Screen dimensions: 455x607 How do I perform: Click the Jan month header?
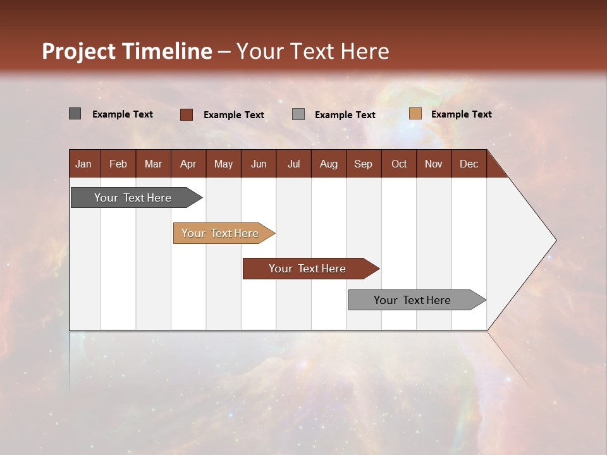pos(83,164)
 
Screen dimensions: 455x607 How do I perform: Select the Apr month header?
pos(188,164)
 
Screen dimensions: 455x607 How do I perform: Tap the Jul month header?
pos(293,164)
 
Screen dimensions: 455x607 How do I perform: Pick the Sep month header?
pos(363,164)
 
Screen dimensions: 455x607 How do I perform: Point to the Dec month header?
pos(469,164)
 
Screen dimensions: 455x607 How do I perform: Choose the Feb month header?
pos(118,164)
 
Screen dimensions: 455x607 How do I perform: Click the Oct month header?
pos(399,164)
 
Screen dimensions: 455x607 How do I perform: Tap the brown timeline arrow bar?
pos(308,269)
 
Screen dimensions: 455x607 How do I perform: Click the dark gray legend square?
pos(75,114)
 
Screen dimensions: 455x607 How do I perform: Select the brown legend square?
pos(186,114)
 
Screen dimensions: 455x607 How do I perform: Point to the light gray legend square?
pos(298,114)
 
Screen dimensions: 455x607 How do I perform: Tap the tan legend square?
pos(415,114)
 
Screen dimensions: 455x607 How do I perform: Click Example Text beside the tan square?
pos(461,114)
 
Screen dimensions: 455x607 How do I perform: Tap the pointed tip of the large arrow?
pos(554,240)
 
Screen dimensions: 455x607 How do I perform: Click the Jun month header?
pos(259,164)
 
